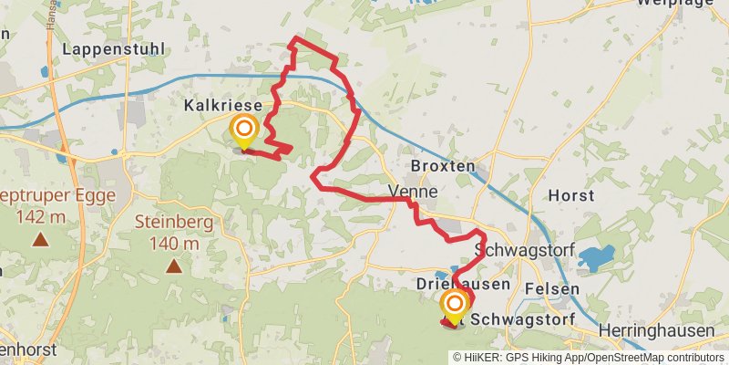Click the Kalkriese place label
click(222, 106)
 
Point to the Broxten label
click(443, 167)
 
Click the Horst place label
click(571, 195)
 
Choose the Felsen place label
click(552, 289)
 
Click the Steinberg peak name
click(173, 221)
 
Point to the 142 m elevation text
click(41, 217)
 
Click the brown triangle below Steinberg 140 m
click(173, 266)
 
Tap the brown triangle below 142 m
click(41, 241)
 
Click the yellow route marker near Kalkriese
click(243, 130)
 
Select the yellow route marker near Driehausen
click(454, 306)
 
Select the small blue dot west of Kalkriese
click(114, 151)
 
